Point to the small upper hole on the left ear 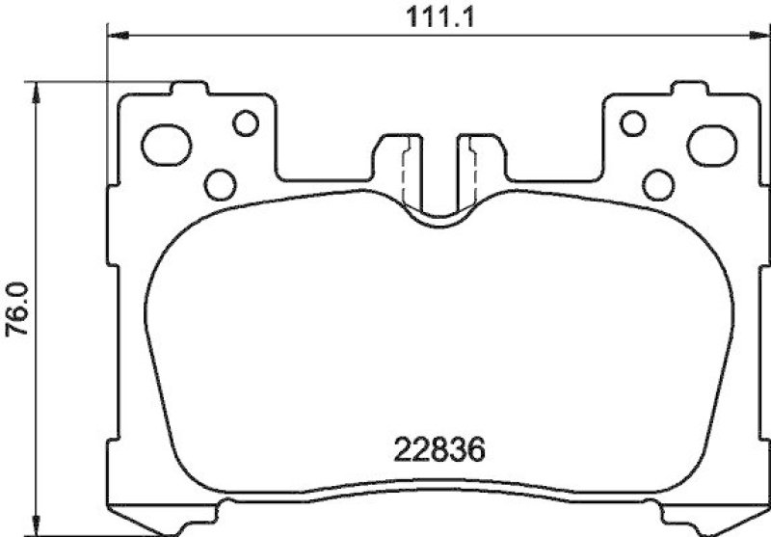247,122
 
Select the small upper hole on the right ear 632,122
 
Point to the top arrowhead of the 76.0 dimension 36,90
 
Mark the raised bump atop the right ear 690,92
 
